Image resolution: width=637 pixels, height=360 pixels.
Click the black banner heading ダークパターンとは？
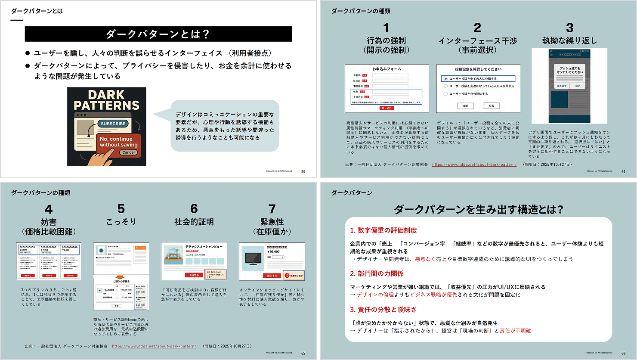point(158,34)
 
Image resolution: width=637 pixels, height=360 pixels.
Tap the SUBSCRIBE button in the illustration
point(113,124)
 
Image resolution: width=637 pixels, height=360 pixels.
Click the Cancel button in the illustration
point(128,152)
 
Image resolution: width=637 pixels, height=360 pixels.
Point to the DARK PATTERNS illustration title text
point(106,100)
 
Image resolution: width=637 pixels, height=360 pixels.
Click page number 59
point(303,171)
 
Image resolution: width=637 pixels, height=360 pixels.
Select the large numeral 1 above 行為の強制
point(386,28)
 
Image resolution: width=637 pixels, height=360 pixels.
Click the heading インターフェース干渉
point(477,41)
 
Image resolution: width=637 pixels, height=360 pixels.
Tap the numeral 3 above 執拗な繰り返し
point(569,28)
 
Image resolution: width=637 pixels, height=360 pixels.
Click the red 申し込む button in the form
point(387,108)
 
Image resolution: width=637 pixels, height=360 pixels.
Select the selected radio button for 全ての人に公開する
point(445,79)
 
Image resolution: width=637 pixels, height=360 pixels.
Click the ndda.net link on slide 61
point(474,164)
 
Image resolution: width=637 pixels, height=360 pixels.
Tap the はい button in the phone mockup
point(578,86)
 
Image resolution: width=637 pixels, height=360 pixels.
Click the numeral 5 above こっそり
point(121,209)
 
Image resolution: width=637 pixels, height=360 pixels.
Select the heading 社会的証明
point(194,222)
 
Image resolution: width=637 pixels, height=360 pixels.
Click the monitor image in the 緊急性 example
point(253,258)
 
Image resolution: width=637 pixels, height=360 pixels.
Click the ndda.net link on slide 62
point(154,346)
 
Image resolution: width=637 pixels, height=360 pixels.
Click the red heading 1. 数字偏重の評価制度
point(383,230)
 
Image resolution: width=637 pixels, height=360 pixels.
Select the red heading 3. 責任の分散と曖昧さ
point(383,310)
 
